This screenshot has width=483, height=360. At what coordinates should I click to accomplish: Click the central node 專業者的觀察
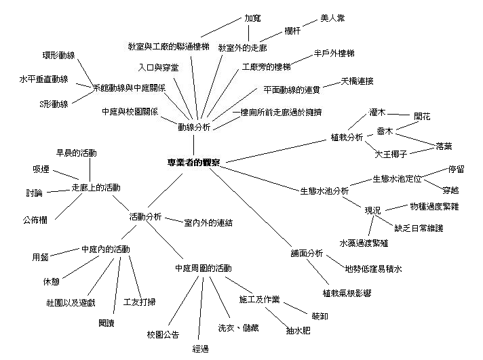point(193,163)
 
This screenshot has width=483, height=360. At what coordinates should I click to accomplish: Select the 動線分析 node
point(194,127)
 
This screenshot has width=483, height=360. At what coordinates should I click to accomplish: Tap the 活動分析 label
point(145,217)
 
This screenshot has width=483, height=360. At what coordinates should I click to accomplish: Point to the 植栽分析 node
point(345,138)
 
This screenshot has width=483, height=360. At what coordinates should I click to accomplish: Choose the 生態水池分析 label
point(324,191)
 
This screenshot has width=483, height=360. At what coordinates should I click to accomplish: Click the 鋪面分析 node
point(305,254)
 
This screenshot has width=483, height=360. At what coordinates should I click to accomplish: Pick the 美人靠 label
point(332,18)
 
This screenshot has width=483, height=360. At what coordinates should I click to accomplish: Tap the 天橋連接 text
point(357,81)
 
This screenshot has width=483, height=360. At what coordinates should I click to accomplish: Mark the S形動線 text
point(54,104)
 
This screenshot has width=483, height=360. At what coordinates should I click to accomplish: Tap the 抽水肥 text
point(299,332)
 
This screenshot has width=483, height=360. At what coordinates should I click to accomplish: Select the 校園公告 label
point(163,335)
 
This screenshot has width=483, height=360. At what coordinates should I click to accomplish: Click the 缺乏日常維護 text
point(419,228)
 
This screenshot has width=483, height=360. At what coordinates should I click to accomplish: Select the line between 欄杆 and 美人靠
point(305,24)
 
